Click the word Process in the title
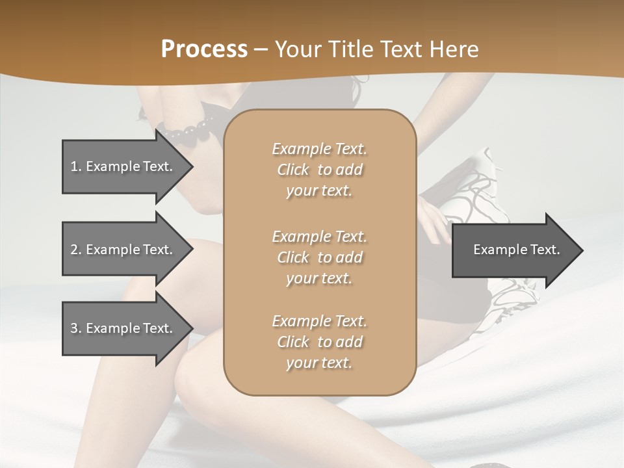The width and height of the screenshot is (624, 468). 204,49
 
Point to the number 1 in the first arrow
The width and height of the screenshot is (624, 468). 74,166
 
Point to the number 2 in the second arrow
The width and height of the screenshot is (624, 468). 74,250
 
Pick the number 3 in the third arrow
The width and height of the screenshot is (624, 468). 74,328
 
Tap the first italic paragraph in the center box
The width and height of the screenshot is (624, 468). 319,170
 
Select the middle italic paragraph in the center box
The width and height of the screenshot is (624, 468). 319,257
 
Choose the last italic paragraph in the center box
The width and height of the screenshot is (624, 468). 319,342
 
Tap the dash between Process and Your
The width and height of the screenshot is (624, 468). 261,50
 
